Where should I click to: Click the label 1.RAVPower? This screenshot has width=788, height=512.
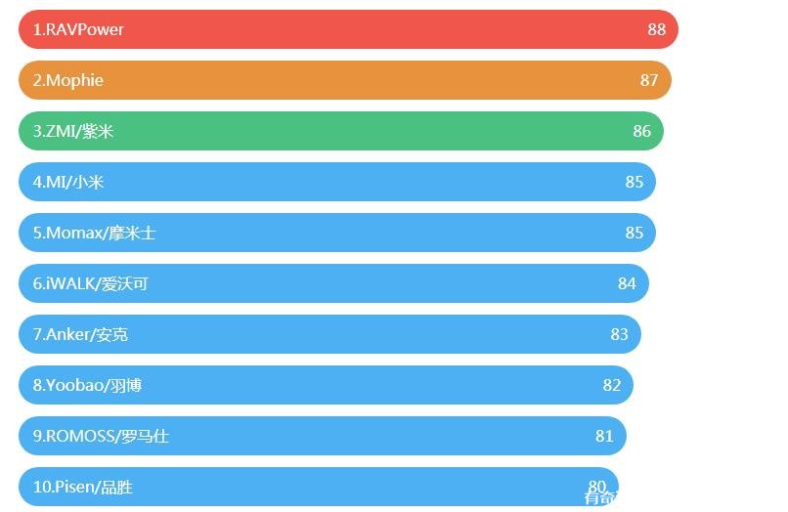tap(78, 29)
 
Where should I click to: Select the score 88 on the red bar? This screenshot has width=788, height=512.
tap(656, 29)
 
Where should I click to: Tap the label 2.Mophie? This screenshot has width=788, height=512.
tap(67, 80)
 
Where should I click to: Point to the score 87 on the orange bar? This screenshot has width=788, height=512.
tap(649, 80)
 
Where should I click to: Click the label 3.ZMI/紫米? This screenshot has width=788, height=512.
tap(73, 131)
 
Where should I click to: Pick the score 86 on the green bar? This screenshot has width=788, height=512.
tap(641, 131)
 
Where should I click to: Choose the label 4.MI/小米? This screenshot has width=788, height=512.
tap(68, 182)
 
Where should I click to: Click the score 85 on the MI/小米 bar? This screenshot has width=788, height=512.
tap(635, 182)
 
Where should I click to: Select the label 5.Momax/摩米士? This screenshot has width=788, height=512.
tap(94, 233)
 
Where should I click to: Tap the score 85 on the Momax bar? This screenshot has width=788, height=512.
tap(635, 233)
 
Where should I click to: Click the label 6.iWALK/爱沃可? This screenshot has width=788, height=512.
tap(90, 283)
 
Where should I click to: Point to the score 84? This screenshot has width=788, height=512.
tap(627, 283)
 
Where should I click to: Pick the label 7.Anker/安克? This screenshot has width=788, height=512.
tap(80, 334)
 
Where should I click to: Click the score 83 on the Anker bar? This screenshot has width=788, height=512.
tap(619, 334)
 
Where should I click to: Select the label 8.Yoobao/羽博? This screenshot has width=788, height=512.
tap(87, 385)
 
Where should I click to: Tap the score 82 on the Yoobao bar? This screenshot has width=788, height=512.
tap(612, 385)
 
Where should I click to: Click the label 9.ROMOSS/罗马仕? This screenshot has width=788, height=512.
tap(101, 436)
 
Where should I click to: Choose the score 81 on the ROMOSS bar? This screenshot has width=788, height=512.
tap(604, 436)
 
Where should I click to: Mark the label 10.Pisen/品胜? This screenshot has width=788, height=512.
tap(82, 487)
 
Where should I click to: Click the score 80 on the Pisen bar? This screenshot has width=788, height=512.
tap(596, 486)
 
